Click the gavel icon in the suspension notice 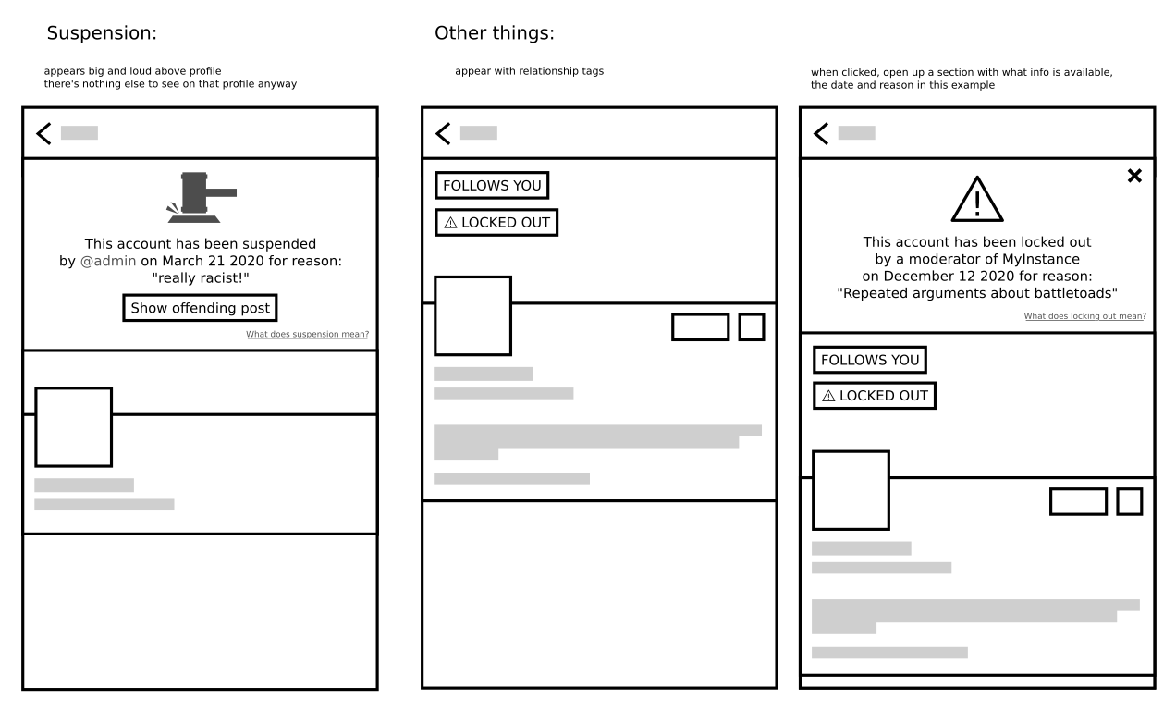(x=202, y=196)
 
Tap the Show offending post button (x=200, y=308)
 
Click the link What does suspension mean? (x=307, y=335)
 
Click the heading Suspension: (x=102, y=33)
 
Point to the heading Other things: (x=495, y=33)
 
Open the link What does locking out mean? (x=1084, y=316)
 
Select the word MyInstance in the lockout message (x=1040, y=259)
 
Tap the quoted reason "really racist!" (x=201, y=277)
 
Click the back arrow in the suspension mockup (x=43, y=133)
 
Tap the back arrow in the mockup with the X (x=821, y=133)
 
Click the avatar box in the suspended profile (x=74, y=426)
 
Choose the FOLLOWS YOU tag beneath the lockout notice (x=870, y=360)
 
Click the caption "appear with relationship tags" (x=529, y=71)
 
